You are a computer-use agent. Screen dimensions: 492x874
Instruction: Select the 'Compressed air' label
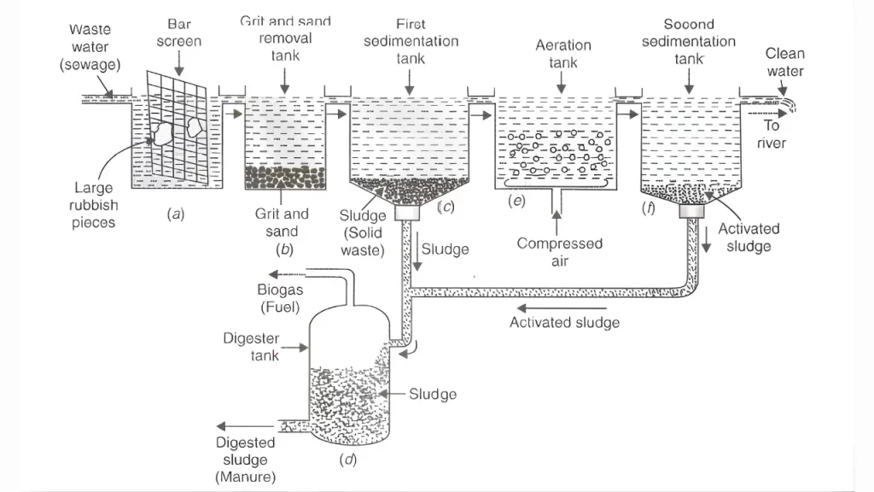pyautogui.click(x=559, y=252)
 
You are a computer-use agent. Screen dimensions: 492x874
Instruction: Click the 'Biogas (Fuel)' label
pyautogui.click(x=281, y=297)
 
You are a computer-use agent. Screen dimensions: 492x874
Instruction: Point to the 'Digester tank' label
pyautogui.click(x=251, y=346)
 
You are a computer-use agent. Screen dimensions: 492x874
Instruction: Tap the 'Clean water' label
pyautogui.click(x=784, y=61)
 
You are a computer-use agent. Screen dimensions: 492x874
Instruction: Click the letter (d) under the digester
pyautogui.click(x=347, y=460)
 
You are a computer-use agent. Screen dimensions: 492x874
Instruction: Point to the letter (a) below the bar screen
pyautogui.click(x=176, y=214)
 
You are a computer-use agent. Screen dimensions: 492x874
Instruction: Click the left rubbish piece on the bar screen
pyautogui.click(x=160, y=132)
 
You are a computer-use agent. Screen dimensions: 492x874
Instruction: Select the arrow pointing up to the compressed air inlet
pyautogui.click(x=556, y=224)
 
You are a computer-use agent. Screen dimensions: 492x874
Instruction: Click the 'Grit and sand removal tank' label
pyautogui.click(x=285, y=38)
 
